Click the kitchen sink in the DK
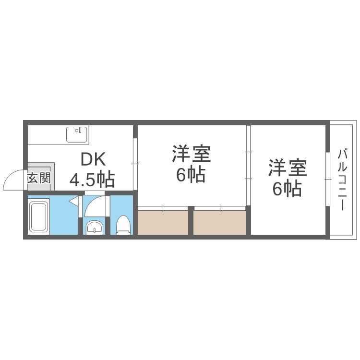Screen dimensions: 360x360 pyautogui.click(x=76, y=134)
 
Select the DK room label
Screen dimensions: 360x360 pyautogui.click(x=93, y=159)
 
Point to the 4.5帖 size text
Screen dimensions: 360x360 pyautogui.click(x=92, y=180)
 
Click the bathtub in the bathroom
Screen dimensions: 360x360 pyautogui.click(x=39, y=217)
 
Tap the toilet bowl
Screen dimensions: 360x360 pyautogui.click(x=123, y=224)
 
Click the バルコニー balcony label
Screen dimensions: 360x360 pyautogui.click(x=342, y=180)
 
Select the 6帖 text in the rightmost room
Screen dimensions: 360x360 pyautogui.click(x=287, y=189)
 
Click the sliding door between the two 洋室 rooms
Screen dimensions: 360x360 pyautogui.click(x=248, y=166)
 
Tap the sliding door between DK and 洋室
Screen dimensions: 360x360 pyautogui.click(x=135, y=164)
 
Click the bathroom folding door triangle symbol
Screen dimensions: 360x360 pyautogui.click(x=74, y=202)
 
